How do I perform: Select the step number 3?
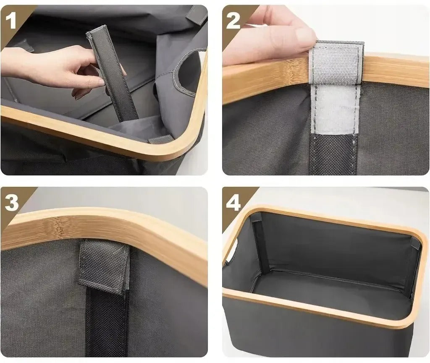pos(11,203)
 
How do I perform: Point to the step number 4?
pos(233,203)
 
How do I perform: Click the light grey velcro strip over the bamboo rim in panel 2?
pos(336,63)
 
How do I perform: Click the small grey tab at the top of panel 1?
pos(197,15)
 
